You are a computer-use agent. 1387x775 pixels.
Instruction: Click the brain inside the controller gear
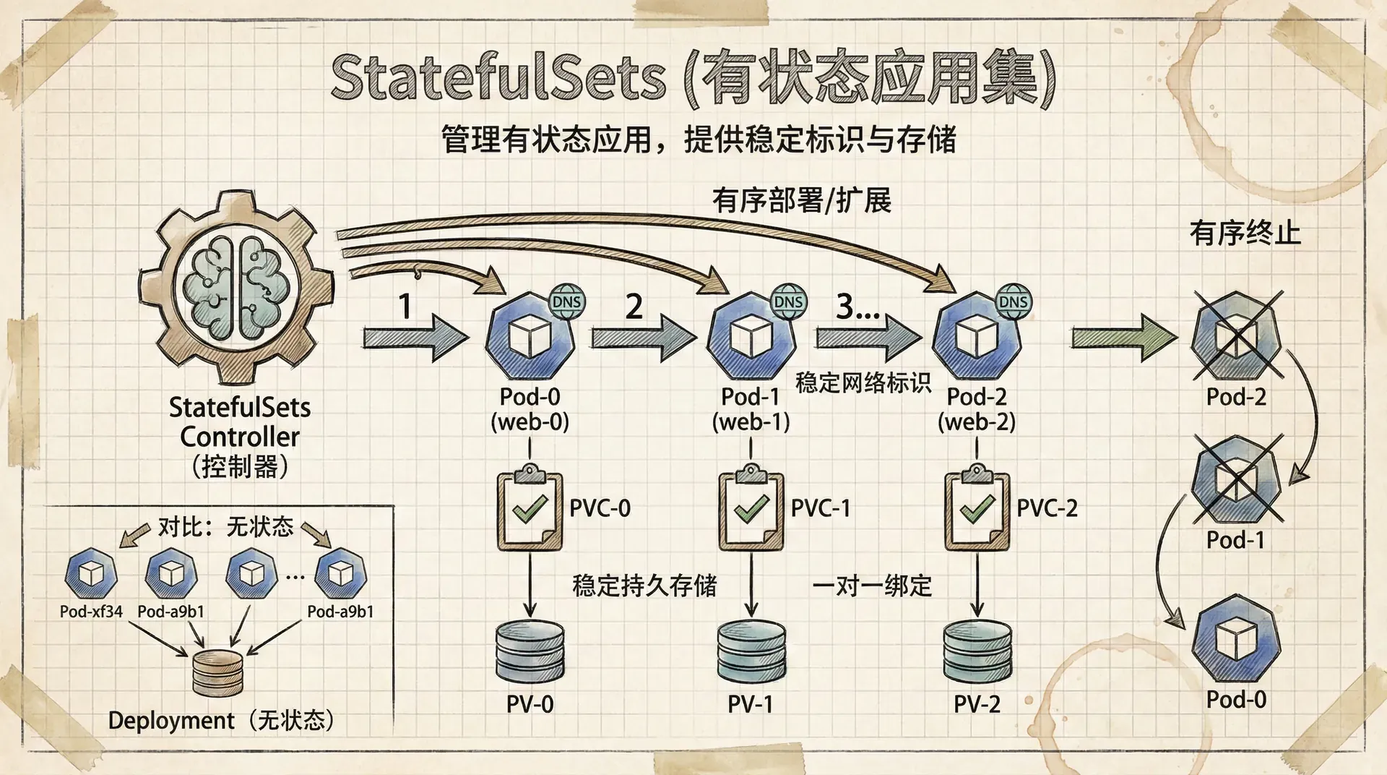[x=236, y=286]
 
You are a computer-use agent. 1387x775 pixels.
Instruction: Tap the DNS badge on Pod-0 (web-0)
[x=567, y=301]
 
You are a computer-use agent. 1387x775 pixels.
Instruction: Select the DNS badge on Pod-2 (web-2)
[x=1014, y=301]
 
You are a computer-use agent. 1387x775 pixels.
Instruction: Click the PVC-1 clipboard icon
[x=751, y=509]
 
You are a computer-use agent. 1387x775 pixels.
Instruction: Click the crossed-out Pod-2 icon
[x=1236, y=336]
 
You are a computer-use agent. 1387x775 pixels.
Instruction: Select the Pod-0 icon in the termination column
[x=1236, y=639]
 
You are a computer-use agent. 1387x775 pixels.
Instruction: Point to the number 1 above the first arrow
[x=405, y=307]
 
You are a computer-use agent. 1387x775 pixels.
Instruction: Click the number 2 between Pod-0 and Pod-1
[x=634, y=307]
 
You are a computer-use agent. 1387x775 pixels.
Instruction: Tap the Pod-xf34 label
[x=91, y=612]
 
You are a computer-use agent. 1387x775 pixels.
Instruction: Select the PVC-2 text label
[x=1047, y=508]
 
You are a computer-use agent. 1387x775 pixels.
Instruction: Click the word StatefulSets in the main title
[x=498, y=77]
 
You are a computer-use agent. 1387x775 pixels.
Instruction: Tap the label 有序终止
[x=1245, y=234]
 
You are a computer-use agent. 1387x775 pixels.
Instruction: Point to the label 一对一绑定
[x=872, y=586]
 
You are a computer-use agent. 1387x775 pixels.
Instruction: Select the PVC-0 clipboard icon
[x=530, y=509]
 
